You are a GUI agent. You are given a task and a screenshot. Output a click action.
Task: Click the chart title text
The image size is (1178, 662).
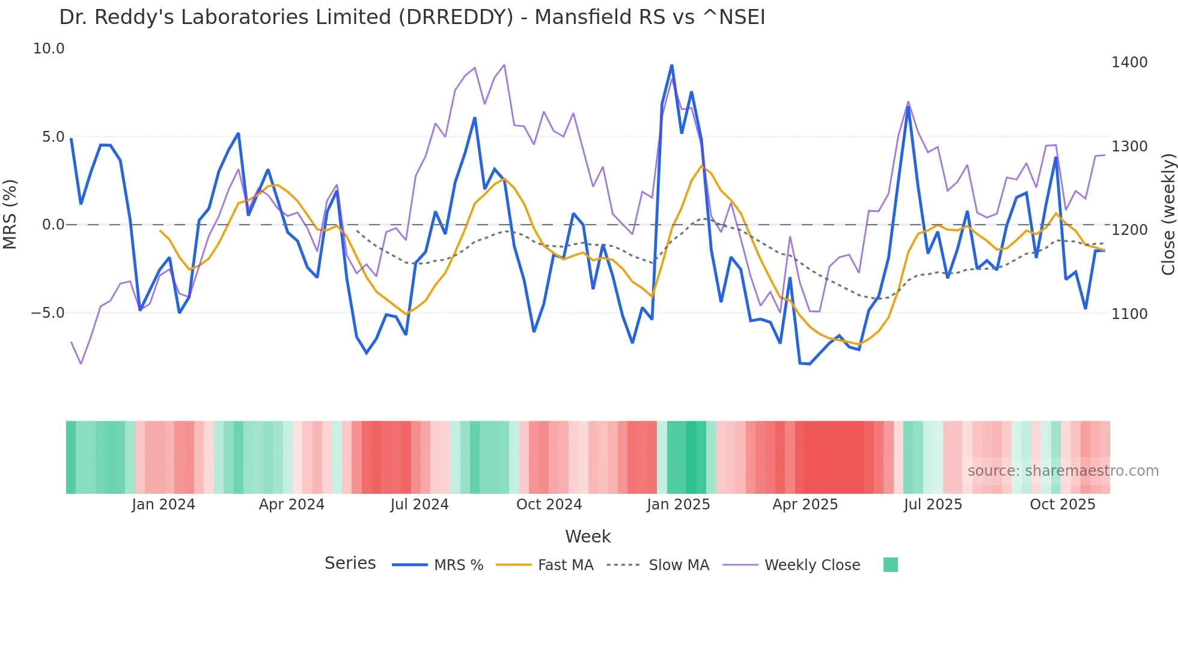point(412,17)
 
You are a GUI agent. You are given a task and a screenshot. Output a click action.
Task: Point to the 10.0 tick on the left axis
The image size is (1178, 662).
point(49,49)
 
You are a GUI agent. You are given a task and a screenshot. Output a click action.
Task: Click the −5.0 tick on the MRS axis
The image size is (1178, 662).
point(47,313)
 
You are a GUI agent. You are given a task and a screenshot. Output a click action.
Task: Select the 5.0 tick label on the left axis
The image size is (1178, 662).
point(53,137)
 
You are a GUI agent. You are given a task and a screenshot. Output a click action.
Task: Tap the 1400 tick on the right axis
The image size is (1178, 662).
point(1129,62)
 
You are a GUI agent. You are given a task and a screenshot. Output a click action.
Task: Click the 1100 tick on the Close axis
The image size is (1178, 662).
point(1129,314)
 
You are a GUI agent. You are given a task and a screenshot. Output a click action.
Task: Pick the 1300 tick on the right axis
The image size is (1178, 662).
point(1129,147)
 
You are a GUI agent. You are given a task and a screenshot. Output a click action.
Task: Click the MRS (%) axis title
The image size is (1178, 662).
point(10,214)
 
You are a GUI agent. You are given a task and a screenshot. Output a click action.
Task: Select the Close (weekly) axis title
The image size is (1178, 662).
point(1168,214)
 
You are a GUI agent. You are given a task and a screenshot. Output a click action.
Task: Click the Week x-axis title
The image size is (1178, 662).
point(588,536)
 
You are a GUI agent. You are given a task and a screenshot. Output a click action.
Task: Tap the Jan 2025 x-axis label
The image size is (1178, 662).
point(678,505)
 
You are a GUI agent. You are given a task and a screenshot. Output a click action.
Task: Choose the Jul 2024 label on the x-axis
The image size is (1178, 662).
point(420,505)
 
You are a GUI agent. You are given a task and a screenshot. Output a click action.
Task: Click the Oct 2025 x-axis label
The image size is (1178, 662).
point(1062,505)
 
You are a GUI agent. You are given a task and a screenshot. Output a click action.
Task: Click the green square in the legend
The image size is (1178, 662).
point(890,565)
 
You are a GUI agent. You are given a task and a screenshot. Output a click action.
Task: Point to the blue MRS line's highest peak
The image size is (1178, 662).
point(671,65)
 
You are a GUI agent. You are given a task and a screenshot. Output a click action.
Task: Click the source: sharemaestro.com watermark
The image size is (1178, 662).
point(1063,471)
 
